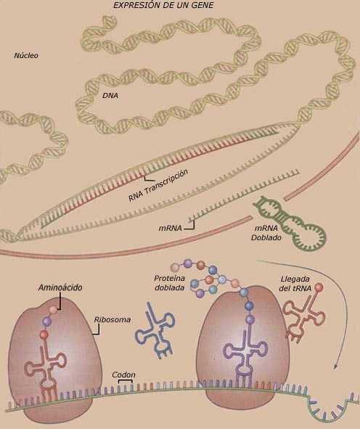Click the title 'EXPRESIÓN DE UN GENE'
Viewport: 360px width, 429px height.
(x=163, y=5)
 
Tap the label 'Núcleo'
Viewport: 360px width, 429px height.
(x=26, y=56)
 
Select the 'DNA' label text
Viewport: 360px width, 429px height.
(x=110, y=96)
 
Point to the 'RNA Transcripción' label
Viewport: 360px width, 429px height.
(x=158, y=185)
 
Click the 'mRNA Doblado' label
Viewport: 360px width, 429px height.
(x=266, y=233)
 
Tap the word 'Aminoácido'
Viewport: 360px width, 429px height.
(x=60, y=287)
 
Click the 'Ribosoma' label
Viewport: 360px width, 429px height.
(x=112, y=319)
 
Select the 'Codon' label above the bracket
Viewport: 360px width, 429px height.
(x=123, y=375)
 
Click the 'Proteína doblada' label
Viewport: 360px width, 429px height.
(x=170, y=283)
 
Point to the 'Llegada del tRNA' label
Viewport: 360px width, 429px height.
(x=295, y=283)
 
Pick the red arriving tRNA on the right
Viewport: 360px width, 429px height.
(x=303, y=319)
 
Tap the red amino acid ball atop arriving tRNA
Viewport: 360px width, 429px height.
(x=319, y=287)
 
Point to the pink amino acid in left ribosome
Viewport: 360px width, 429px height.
(x=54, y=310)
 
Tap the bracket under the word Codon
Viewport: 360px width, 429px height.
(x=126, y=381)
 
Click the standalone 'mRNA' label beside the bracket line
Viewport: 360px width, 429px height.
(x=170, y=228)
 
